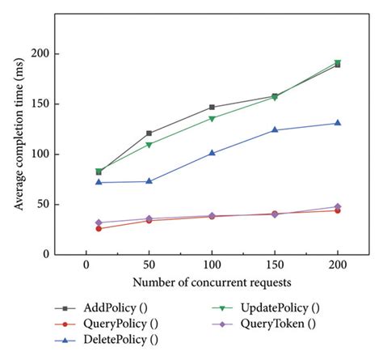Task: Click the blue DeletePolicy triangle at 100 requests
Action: click(212, 153)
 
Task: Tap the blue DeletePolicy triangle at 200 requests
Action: click(337, 123)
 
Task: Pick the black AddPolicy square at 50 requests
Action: click(149, 133)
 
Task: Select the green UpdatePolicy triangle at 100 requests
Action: click(212, 118)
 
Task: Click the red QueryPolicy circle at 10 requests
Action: click(99, 228)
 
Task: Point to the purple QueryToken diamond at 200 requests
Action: click(337, 206)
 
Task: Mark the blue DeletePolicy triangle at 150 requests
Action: click(275, 129)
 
